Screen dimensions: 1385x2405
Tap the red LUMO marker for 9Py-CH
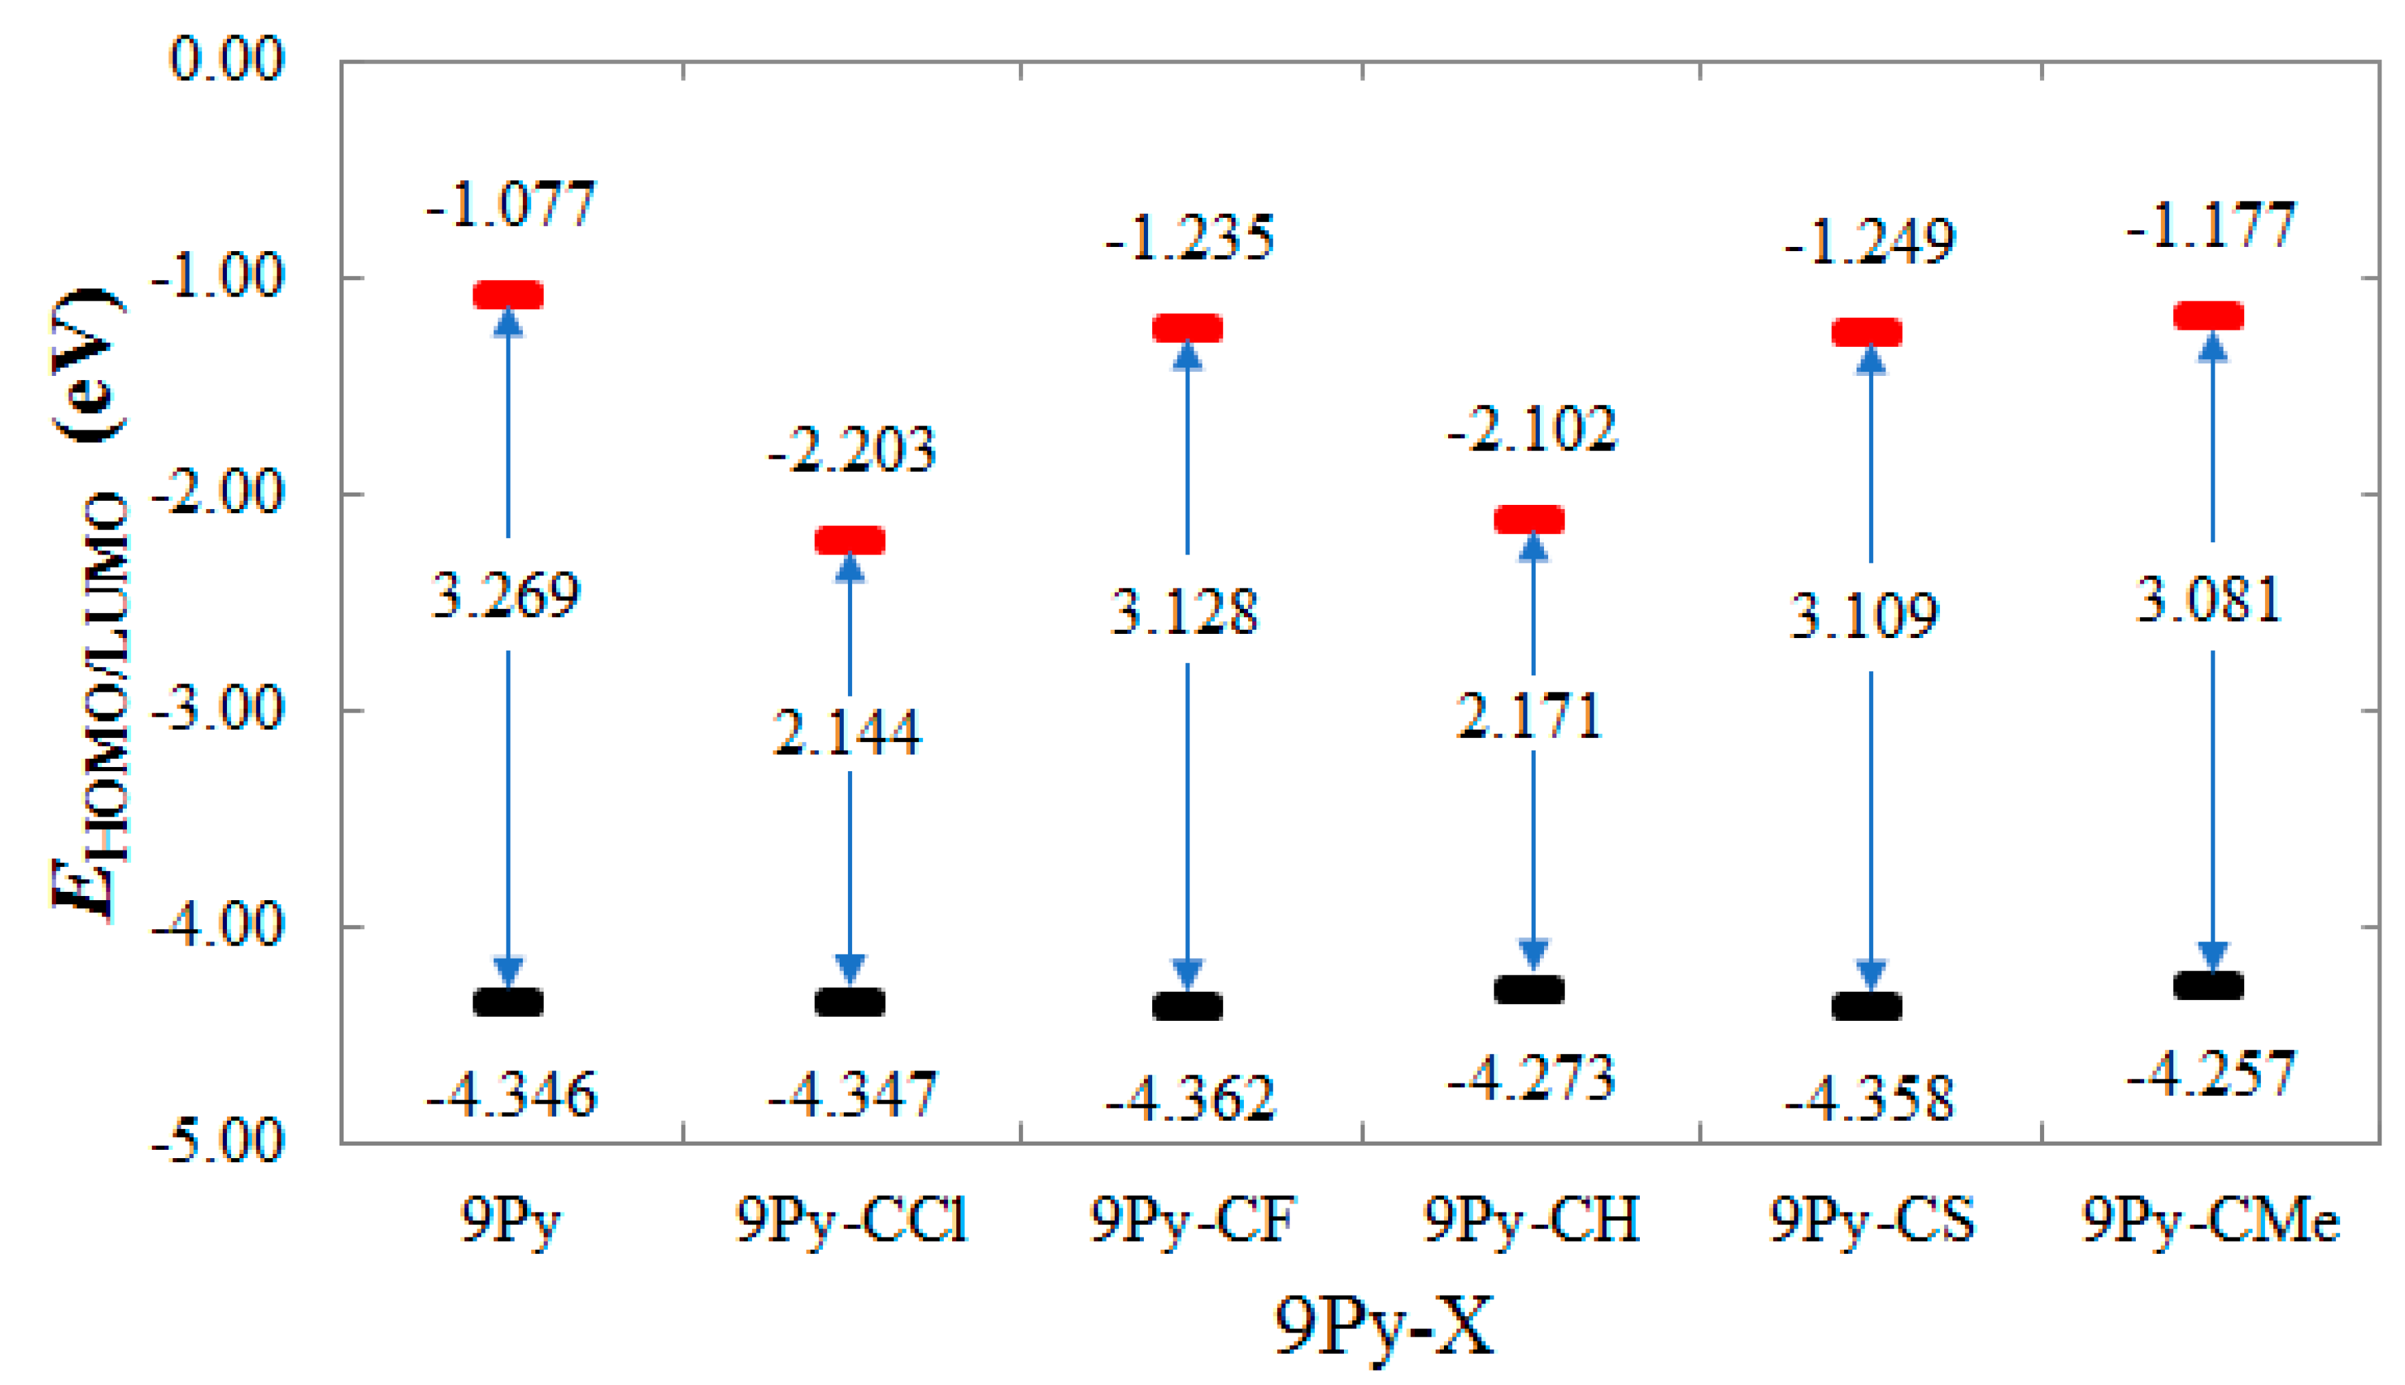1529,519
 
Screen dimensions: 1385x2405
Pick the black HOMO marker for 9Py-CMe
2208,984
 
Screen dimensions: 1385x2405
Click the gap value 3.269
506,597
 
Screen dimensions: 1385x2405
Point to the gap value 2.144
847,733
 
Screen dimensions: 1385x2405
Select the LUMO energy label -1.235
1189,238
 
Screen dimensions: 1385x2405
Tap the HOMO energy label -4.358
1870,1099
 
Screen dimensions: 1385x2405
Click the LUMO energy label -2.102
1532,429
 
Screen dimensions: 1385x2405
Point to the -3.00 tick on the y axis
219,710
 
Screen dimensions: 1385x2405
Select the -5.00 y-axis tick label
219,1141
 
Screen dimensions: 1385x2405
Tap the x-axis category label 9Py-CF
1193,1220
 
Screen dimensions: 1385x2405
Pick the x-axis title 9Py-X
1384,1327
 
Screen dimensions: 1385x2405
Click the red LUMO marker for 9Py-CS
1867,332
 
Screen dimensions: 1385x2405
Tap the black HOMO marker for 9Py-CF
1187,1006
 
